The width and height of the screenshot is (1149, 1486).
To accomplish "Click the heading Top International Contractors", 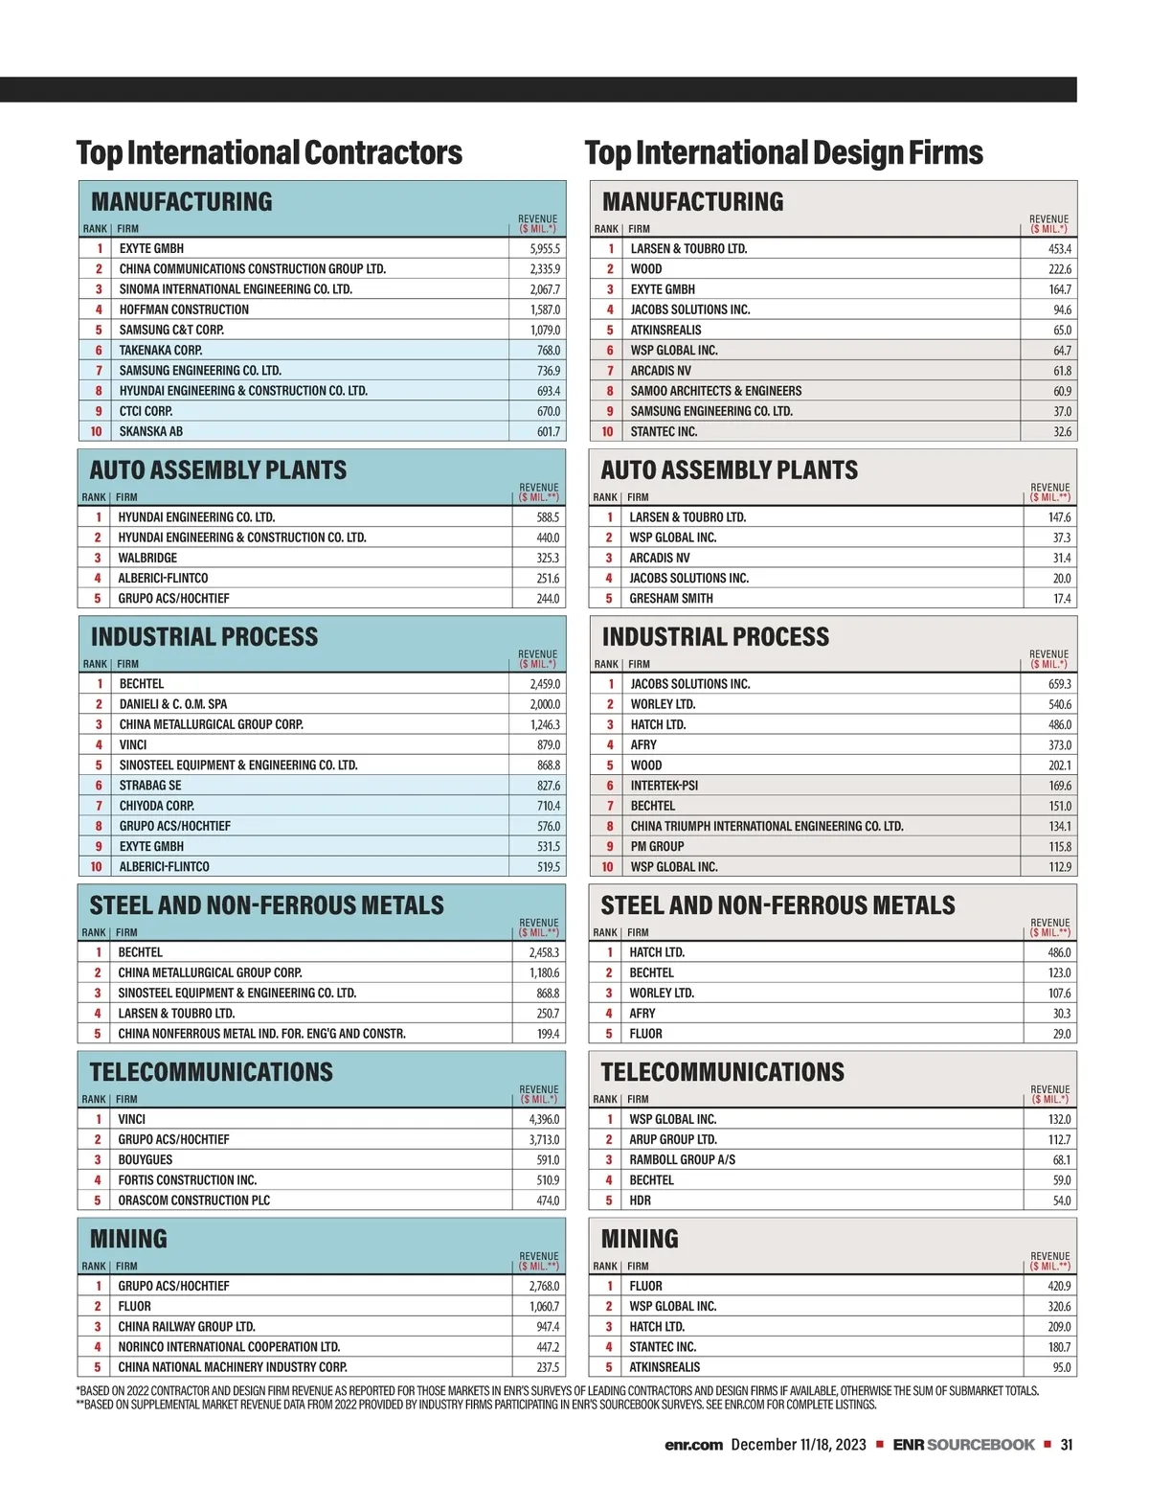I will [269, 153].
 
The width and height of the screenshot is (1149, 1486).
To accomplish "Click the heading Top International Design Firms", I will [783, 153].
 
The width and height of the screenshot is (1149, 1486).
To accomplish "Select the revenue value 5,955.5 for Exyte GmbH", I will [545, 249].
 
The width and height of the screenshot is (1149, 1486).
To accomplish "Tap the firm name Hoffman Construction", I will [184, 309].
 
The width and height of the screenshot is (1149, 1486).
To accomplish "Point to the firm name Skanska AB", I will [151, 432].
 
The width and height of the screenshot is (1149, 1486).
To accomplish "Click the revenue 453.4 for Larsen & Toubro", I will [1060, 249].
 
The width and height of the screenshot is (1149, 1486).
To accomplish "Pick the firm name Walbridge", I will [147, 558].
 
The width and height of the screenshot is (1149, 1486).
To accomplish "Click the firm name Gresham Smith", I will [671, 599].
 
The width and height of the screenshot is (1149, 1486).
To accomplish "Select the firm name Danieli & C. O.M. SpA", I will [173, 704].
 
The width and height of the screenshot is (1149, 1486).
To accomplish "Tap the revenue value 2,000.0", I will [545, 704].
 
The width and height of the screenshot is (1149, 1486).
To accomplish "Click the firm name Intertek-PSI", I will [665, 786].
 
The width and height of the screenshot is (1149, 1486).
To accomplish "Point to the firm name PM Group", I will [657, 847].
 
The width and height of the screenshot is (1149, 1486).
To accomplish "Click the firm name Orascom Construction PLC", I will [194, 1200].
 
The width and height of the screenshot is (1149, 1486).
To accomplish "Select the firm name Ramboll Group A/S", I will [683, 1160].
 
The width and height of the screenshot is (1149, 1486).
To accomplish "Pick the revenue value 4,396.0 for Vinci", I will [544, 1119].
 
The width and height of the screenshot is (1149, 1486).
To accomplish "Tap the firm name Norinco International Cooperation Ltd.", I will [229, 1347].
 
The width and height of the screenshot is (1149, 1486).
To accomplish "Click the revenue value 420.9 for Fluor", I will [1059, 1287].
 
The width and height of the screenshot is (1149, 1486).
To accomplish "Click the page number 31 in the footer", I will [1067, 1445].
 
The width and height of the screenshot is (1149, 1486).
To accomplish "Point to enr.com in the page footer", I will [693, 1445].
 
